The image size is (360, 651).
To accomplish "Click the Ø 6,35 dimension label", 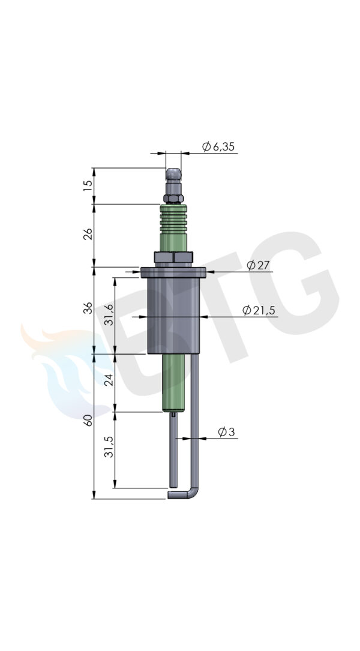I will (x=218, y=146).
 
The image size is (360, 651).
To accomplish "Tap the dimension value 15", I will (x=88, y=185).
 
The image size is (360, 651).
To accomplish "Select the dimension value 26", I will (x=88, y=235).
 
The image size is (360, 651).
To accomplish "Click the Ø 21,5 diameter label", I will (x=259, y=310).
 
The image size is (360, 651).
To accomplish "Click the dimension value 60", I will (x=88, y=419).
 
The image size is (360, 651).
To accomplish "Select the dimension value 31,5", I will (x=109, y=447).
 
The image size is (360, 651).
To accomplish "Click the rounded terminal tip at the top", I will (x=173, y=176).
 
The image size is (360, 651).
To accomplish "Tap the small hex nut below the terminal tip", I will (x=173, y=199).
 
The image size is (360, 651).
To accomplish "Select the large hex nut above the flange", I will (x=173, y=257).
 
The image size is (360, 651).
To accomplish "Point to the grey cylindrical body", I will (x=173, y=315).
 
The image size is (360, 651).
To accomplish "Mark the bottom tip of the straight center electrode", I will (x=173, y=484).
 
